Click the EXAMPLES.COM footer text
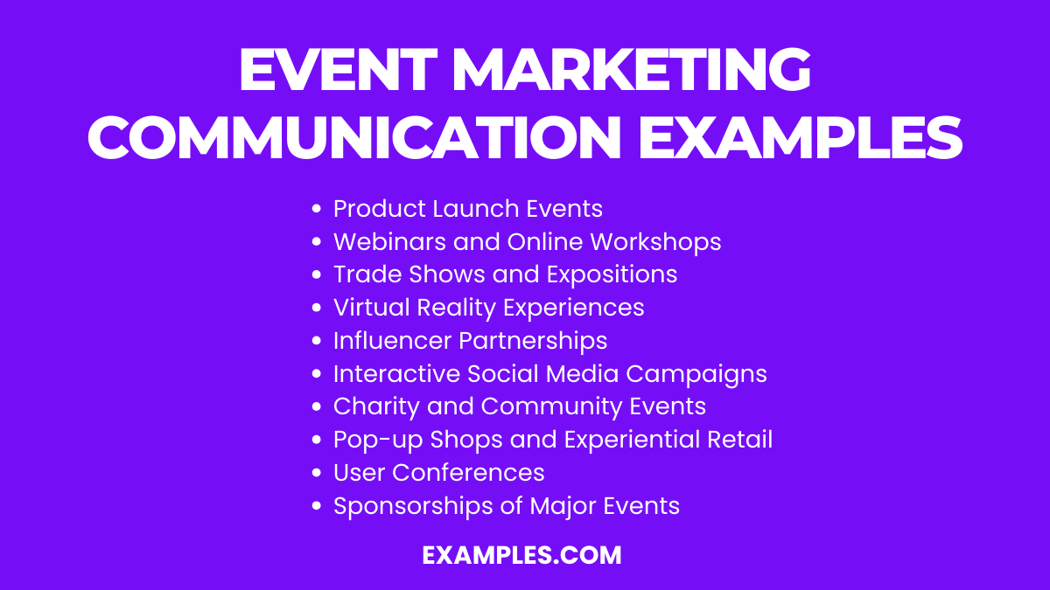(x=521, y=555)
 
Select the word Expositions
(x=612, y=274)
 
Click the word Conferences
(x=468, y=473)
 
